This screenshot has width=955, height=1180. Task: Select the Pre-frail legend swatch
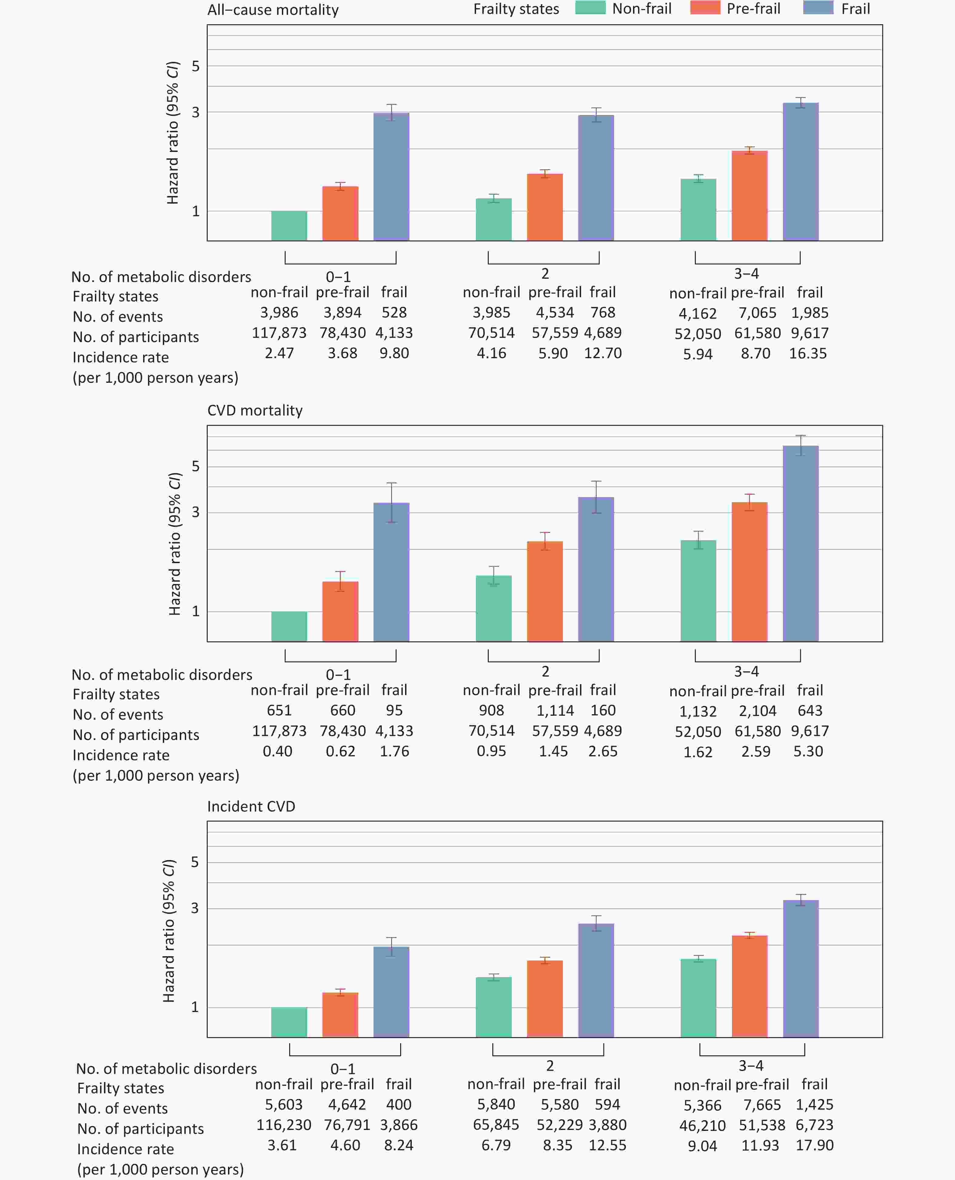[705, 8]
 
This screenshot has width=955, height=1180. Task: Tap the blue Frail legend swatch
[818, 8]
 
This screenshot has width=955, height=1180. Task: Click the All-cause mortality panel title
[273, 10]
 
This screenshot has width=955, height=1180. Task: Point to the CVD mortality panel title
[255, 411]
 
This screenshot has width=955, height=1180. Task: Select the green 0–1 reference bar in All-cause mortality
[289, 226]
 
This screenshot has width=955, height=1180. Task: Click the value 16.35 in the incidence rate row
[808, 353]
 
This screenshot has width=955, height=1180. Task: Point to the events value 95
[394, 711]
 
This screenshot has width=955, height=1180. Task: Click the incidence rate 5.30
[808, 751]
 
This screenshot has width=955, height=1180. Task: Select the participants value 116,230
[284, 1125]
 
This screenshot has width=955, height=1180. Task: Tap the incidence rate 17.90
[814, 1145]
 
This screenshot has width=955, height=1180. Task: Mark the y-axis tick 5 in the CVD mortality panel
[195, 466]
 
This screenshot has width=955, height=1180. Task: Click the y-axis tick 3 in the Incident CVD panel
[195, 908]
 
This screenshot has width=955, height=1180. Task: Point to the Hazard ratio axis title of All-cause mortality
[173, 133]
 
